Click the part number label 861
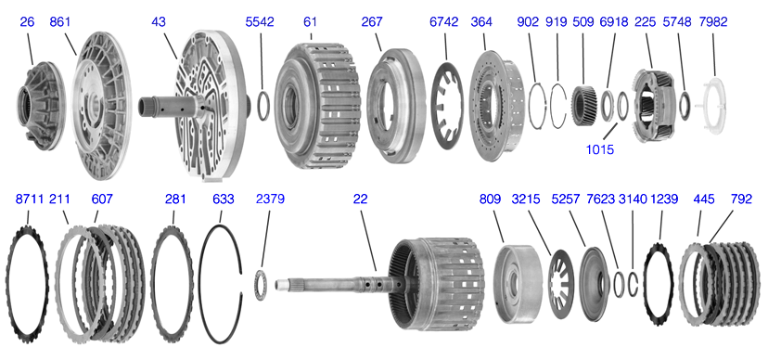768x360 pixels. click(61, 21)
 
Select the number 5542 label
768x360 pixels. click(261, 21)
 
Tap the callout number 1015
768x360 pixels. click(600, 148)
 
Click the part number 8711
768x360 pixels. click(31, 199)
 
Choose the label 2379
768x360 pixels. click(270, 199)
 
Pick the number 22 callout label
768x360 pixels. click(360, 199)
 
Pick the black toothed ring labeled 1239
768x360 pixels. click(659, 277)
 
